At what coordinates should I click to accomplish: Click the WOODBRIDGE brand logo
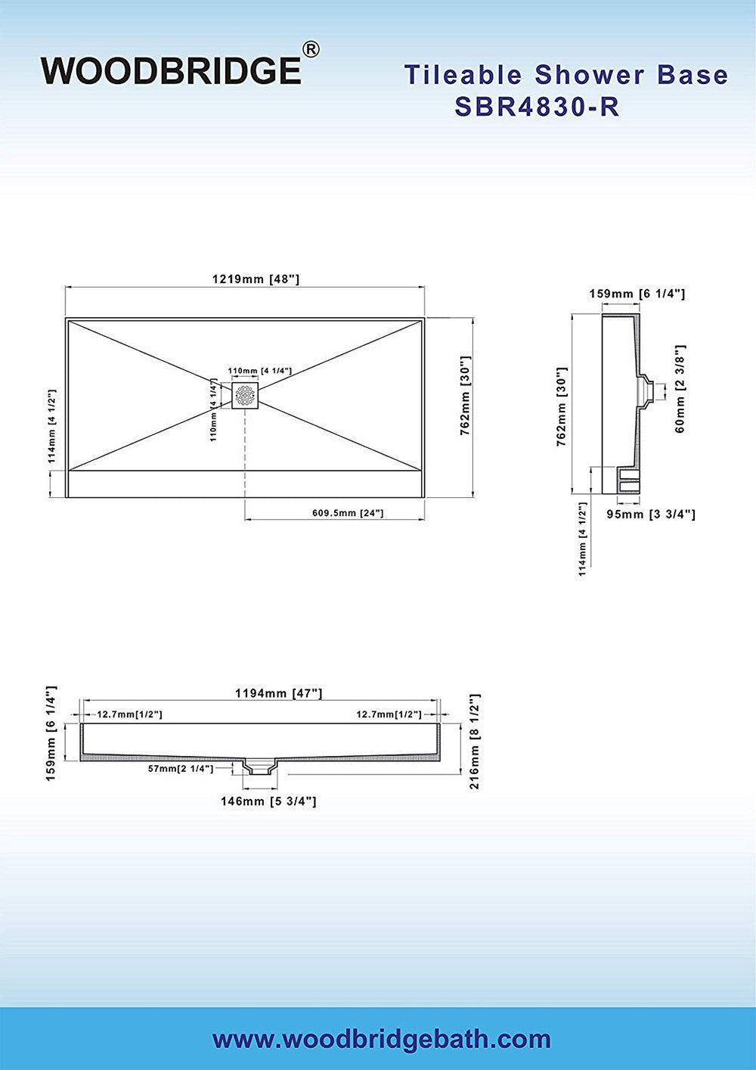(172, 70)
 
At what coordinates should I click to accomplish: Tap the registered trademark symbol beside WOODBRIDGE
(311, 49)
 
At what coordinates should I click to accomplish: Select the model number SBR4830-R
(537, 107)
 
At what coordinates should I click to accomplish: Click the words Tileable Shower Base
(566, 74)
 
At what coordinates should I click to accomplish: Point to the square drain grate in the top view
(245, 395)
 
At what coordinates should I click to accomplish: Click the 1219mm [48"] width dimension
(256, 279)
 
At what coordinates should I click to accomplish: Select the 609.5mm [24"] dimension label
(348, 513)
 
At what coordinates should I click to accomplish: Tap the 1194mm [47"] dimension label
(279, 692)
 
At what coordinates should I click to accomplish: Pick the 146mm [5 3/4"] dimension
(268, 801)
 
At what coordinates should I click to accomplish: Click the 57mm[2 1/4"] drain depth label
(181, 769)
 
